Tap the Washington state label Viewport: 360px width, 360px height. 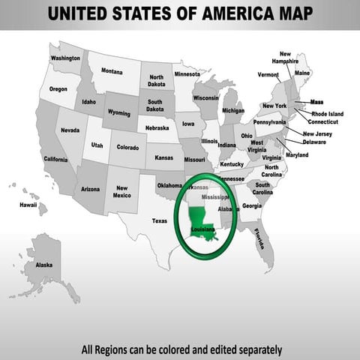point(66,58)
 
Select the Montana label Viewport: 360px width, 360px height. point(112,71)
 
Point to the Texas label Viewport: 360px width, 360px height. point(160,220)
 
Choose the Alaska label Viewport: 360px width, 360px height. point(44,265)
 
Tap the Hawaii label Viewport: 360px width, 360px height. point(28,204)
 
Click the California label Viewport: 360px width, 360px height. point(55,159)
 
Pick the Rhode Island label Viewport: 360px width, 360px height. point(327,114)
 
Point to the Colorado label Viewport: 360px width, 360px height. point(127,147)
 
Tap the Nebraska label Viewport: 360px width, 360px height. point(157,127)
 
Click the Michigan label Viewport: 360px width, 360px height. point(232,110)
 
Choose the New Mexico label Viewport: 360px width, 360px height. point(121,192)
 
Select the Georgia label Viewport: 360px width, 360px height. point(252,205)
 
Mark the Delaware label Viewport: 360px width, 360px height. point(314,142)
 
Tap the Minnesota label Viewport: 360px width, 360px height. point(187,75)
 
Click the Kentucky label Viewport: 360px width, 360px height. point(232,163)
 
